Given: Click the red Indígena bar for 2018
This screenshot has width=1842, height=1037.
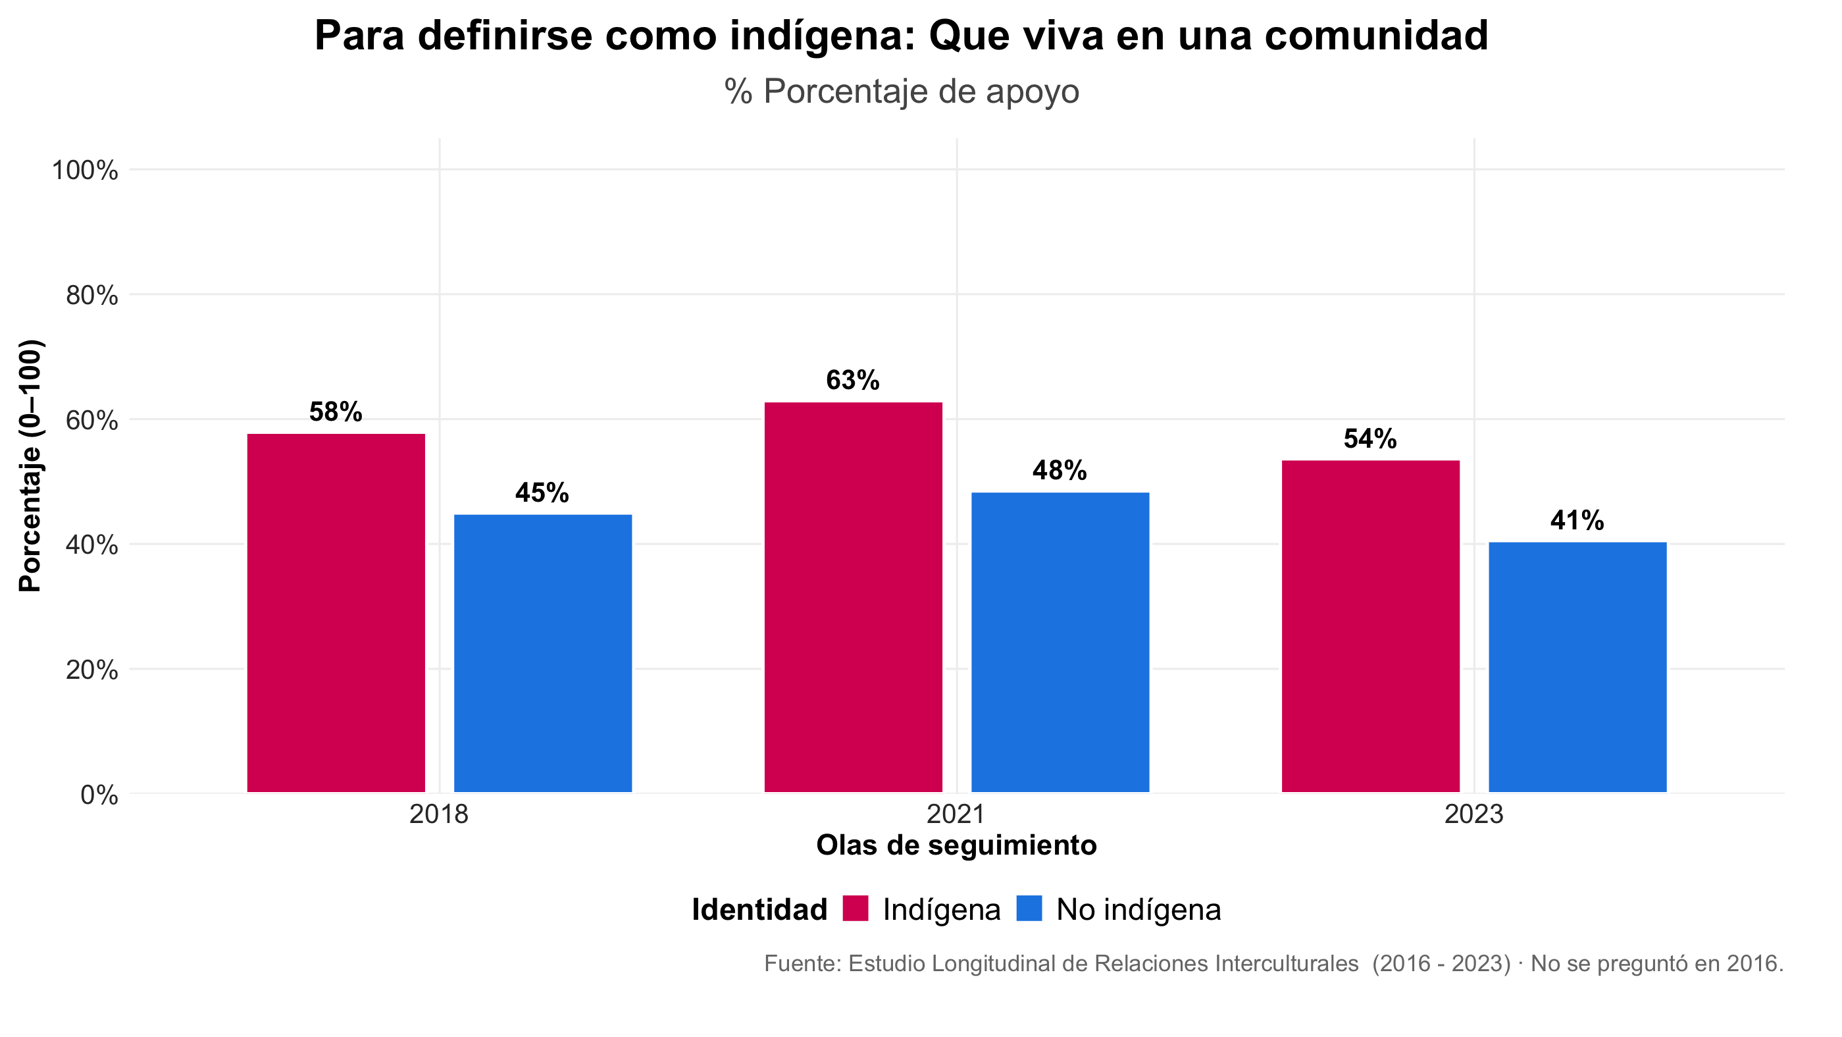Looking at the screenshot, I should pos(336,613).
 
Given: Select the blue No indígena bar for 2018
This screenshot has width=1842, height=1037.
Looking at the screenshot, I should pos(543,653).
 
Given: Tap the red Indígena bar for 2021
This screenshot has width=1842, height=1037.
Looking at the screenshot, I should pos(853,597).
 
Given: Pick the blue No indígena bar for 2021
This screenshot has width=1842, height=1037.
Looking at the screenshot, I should pos(1060,642).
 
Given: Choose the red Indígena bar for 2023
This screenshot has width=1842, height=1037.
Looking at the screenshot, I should pos(1370,627).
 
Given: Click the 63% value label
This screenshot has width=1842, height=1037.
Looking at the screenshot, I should pos(853,381).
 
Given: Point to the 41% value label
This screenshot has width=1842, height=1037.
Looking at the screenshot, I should pos(1577,521).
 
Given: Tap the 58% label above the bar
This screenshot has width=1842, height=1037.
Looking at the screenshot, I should pos(336,412).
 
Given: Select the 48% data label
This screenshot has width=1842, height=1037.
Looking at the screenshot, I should pos(1060,471).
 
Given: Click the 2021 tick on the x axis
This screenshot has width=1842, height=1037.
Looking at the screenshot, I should pos(956,814).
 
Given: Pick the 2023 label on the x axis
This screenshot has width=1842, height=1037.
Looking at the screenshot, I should pos(1473,814).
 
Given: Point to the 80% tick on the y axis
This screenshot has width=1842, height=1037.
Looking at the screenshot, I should pos(91,296).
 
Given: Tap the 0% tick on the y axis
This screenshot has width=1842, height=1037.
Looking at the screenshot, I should pos(99,795).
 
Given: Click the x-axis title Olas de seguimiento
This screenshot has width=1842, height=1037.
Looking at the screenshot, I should pos(956,845).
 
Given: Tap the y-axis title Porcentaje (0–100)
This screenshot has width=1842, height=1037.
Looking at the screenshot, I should pos(30,465).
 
